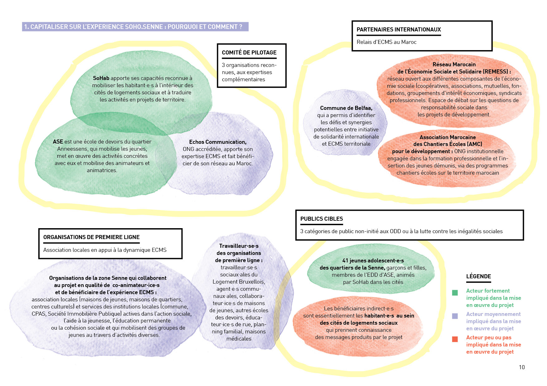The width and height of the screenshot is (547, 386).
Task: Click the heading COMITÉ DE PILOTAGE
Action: coord(249,53)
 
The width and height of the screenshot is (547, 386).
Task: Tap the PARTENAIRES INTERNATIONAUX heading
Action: coord(399,30)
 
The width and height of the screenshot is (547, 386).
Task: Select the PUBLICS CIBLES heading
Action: coord(322,219)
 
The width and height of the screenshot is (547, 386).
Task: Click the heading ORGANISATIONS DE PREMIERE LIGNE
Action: coord(91,237)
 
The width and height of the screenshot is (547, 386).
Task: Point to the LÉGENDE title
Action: coord(478,276)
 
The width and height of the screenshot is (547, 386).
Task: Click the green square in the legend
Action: coord(455,293)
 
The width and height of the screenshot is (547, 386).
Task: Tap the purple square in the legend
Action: coord(455,316)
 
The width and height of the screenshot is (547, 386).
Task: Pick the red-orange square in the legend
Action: coord(455,339)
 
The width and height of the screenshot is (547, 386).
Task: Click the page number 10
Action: coord(522,367)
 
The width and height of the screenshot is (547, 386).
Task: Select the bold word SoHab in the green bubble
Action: coord(101,78)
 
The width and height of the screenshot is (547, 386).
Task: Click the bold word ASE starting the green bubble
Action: coord(58,142)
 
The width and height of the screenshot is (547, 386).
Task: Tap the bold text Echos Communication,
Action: coord(218,142)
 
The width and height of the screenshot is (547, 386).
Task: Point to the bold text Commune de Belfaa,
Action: coord(346,108)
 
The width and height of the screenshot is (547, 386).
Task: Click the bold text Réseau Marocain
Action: coord(454,64)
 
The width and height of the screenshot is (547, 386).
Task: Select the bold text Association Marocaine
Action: coord(448,137)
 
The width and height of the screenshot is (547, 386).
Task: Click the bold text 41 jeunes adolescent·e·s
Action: coord(373,261)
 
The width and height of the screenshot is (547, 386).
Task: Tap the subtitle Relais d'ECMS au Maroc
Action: coord(386,42)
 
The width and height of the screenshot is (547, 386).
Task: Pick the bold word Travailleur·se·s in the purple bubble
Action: coord(239,246)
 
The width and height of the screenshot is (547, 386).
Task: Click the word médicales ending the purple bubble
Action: coord(239,339)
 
